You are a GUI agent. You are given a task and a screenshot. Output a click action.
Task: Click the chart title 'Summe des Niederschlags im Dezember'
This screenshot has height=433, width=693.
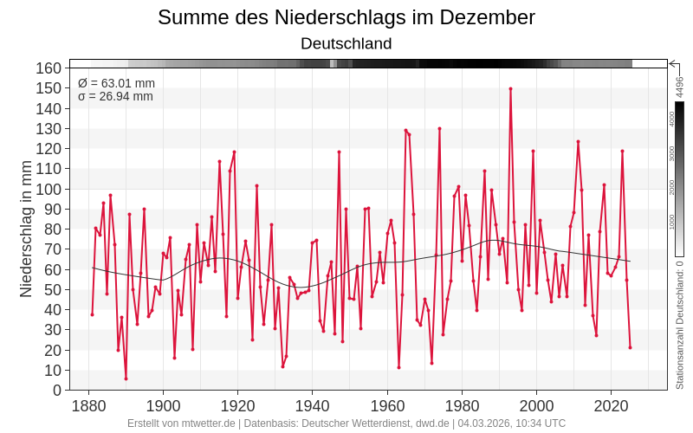(346, 17)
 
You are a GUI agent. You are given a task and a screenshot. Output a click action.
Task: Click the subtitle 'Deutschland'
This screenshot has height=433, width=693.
(346, 43)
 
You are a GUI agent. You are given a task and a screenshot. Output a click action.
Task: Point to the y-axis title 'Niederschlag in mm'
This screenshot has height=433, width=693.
(26, 229)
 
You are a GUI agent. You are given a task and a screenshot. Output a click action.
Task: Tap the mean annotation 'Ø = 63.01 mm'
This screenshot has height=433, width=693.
(116, 83)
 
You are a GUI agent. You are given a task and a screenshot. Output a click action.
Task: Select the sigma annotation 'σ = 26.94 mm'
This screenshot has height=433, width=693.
(115, 96)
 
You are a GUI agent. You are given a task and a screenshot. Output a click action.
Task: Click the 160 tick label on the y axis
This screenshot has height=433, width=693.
(49, 68)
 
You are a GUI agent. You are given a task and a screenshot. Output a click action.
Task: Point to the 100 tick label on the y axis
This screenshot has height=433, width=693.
(49, 189)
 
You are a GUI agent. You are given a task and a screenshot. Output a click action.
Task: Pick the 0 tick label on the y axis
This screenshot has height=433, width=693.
(57, 390)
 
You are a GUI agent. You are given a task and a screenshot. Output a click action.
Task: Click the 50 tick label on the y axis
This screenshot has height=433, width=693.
(53, 289)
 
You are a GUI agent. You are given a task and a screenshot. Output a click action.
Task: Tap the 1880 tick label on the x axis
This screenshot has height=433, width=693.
(88, 406)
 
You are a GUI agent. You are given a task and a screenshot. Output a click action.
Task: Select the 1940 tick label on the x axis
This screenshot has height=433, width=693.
(313, 406)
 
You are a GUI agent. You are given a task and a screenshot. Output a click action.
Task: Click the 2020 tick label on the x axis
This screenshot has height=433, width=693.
(612, 406)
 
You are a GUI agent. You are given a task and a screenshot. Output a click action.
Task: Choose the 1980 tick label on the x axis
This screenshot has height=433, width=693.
(462, 406)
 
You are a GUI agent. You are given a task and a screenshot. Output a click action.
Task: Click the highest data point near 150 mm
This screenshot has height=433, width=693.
(510, 88)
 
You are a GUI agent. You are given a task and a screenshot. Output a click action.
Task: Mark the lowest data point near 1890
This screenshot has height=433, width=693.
(126, 378)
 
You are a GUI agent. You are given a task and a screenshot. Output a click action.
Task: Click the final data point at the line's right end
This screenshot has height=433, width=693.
(630, 347)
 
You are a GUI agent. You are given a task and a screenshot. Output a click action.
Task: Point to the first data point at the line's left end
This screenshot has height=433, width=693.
(92, 314)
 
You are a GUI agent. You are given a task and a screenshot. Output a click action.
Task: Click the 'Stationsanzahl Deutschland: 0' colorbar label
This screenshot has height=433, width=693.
(680, 325)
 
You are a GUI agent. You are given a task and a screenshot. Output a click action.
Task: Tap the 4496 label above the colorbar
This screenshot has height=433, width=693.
(680, 87)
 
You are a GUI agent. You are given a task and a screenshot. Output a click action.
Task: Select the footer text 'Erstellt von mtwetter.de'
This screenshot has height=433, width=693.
(181, 423)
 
